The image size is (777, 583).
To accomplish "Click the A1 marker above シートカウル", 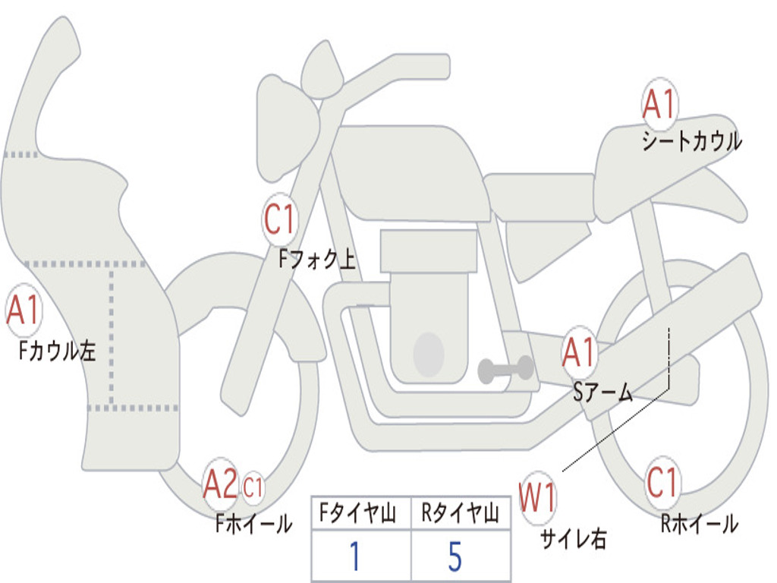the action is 659,103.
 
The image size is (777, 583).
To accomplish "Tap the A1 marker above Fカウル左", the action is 24,310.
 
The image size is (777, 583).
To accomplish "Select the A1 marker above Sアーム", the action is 578,352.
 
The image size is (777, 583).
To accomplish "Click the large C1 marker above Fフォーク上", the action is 280,219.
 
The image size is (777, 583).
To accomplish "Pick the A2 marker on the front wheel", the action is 221,484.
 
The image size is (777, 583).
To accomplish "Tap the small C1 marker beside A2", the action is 253,487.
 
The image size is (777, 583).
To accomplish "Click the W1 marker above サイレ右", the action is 537,497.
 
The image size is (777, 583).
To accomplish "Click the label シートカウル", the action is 692,140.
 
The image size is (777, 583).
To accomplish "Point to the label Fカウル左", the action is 57,351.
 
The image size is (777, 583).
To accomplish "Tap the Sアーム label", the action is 603,392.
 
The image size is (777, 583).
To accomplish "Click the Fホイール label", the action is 253,524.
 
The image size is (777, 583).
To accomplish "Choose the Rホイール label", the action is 699,524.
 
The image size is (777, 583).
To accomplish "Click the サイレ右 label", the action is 574,539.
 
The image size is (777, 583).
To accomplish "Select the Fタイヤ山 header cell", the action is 361,512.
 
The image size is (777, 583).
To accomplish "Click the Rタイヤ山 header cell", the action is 461,512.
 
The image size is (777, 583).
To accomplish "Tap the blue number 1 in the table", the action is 355,556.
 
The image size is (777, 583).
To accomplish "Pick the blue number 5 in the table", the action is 455,556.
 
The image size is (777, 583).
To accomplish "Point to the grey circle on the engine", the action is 429,355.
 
